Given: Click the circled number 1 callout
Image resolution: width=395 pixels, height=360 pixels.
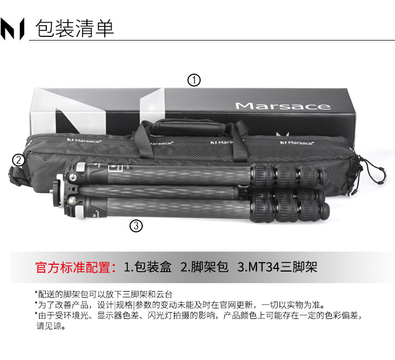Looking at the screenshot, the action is (x=194, y=81).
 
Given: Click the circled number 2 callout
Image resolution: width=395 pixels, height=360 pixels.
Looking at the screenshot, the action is (x=18, y=160).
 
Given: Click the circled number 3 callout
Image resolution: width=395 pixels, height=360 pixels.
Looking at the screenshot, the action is (x=136, y=226).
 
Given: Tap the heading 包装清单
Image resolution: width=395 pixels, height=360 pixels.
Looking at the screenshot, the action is (x=75, y=28).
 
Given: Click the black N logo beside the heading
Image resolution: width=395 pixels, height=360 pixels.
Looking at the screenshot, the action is (x=12, y=29).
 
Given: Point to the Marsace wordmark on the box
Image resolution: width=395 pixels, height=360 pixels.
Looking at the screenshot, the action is (x=283, y=106).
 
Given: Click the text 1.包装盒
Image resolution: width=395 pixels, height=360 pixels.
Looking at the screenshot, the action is (x=147, y=267).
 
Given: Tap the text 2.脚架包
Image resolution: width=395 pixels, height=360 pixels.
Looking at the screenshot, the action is (x=204, y=267).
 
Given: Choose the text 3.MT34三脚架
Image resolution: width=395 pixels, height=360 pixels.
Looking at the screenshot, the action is (x=277, y=267).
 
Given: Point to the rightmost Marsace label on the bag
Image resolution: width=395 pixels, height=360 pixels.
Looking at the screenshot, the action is (x=297, y=143).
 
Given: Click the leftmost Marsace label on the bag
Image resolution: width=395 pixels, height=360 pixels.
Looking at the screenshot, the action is (x=84, y=140).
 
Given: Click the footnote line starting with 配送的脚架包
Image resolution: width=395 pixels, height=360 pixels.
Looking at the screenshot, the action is (x=104, y=294).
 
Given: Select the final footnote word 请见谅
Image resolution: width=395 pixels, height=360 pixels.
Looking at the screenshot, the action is (x=51, y=326).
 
